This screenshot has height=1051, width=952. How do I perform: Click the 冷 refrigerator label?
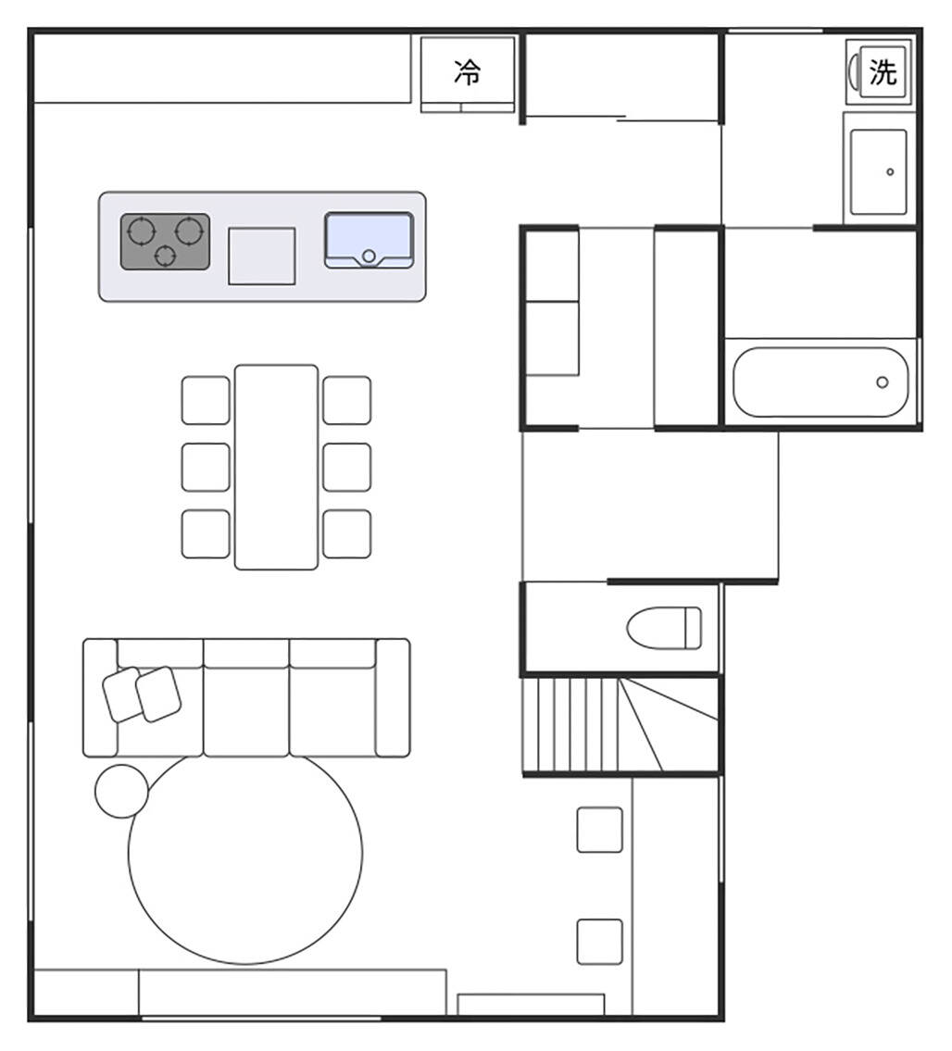tap(468, 71)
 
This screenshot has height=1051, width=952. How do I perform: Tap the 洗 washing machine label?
tap(883, 71)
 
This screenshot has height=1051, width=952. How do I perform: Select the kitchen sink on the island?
tap(369, 241)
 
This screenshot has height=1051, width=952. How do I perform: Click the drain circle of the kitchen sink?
tap(368, 256)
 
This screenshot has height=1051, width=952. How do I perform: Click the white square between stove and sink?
tap(261, 256)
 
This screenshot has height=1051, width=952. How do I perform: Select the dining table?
tap(276, 468)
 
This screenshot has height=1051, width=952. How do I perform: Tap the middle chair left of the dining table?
tap(206, 468)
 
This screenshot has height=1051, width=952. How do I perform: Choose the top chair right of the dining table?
tap(346, 400)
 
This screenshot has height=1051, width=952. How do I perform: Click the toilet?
tap(664, 628)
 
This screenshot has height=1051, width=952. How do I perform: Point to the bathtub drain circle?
tap(883, 382)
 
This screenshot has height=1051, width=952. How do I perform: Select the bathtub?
tap(820, 382)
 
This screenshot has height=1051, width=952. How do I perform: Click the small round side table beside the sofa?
tap(121, 791)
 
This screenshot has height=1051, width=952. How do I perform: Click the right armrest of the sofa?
tap(393, 698)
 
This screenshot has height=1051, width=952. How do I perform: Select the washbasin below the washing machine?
tap(878, 171)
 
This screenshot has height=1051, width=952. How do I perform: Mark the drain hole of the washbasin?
tap(890, 171)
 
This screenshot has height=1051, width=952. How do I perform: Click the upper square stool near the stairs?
tap(599, 830)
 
